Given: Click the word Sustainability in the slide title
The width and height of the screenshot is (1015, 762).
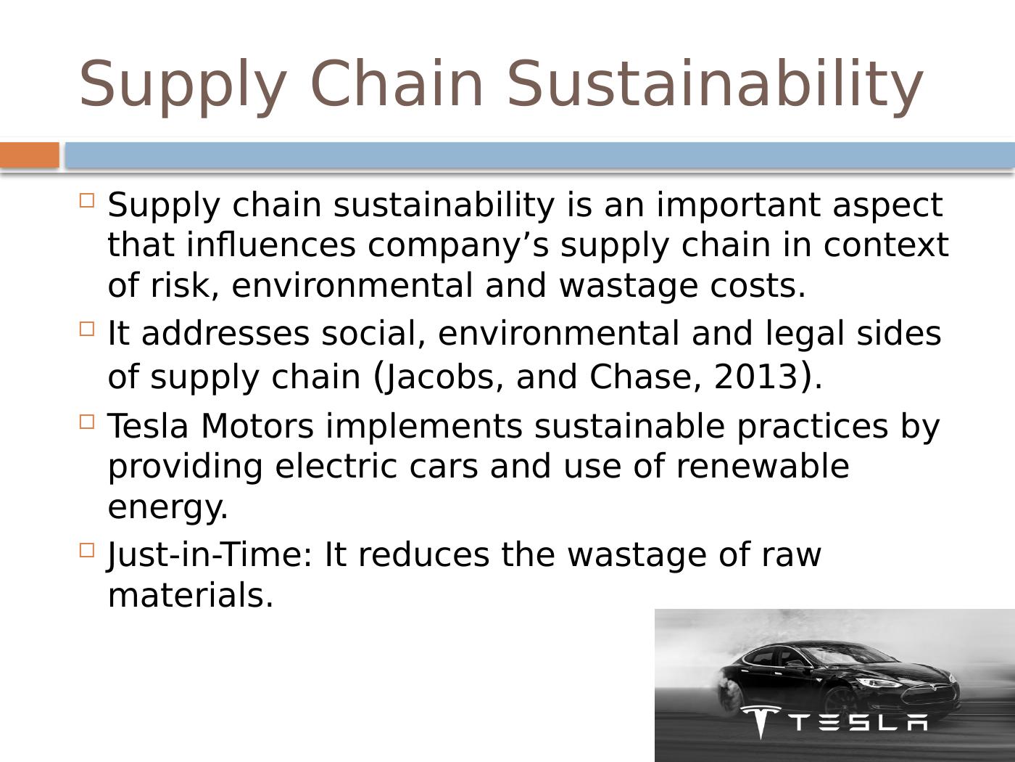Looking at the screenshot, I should click(714, 84).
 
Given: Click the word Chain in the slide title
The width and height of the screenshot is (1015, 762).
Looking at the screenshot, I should click(397, 83).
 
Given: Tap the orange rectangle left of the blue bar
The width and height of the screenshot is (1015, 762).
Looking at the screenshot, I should click(29, 155).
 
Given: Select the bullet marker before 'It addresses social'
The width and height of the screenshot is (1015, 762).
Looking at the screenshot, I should click(87, 329).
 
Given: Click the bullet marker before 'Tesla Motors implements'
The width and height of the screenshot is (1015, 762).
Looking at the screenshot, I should click(87, 421).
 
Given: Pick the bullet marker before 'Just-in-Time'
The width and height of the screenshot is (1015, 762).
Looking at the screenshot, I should click(87, 550).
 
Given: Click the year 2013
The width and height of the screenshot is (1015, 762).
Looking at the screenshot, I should click(755, 377).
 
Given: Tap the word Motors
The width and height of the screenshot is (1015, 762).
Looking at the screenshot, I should click(257, 426).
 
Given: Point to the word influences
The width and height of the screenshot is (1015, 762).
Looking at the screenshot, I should click(271, 245).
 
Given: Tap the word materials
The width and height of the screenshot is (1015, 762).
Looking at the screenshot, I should click(190, 595).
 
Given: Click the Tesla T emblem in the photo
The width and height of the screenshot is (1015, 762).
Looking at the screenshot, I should click(760, 721).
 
